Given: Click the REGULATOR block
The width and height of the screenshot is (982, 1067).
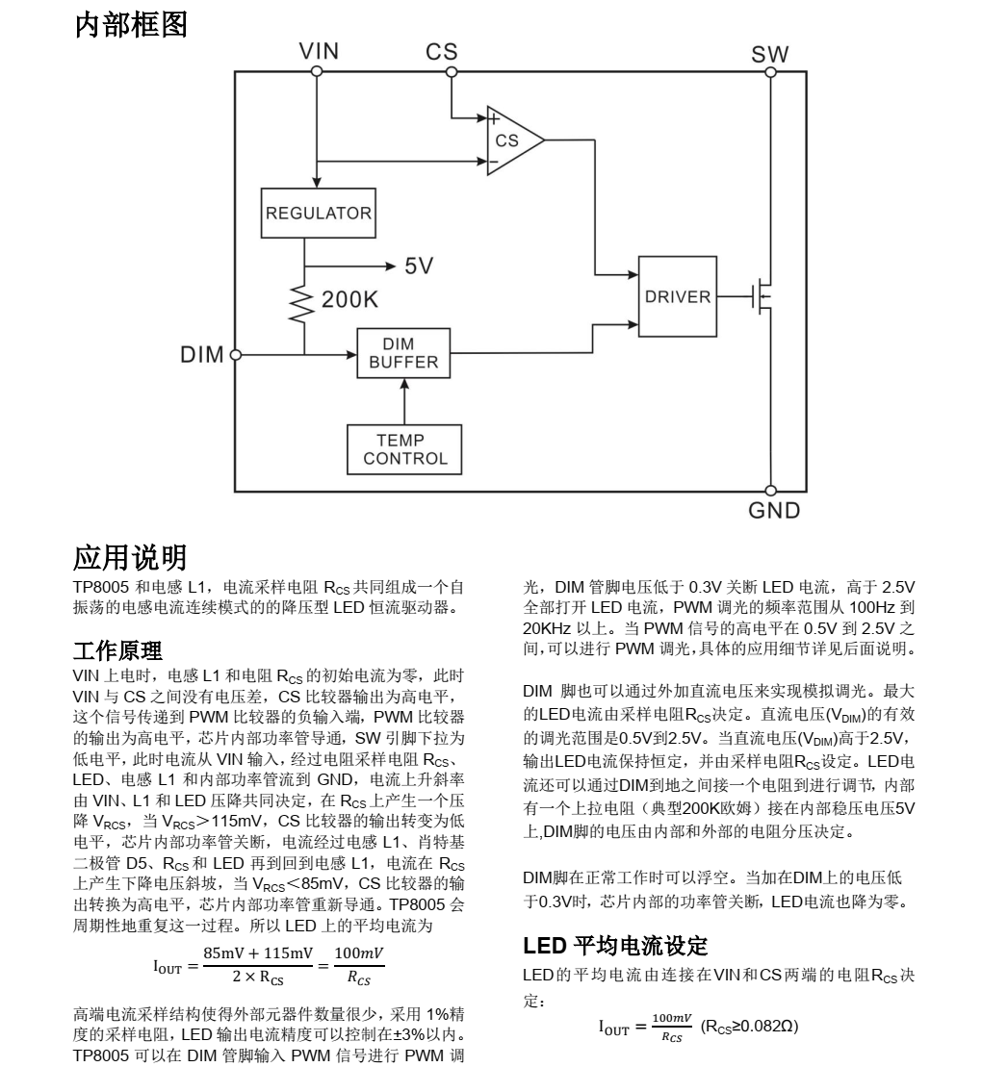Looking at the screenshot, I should pos(318,213).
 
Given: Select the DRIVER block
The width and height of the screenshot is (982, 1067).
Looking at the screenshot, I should pos(678,296).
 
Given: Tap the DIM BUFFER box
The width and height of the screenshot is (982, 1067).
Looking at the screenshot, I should pos(403,354).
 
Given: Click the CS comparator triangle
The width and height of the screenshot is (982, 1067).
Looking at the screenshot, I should pos(511,140).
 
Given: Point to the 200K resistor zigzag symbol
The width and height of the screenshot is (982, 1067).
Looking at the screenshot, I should pos(304,302).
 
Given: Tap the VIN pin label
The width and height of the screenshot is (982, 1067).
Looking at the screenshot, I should pos(318,52).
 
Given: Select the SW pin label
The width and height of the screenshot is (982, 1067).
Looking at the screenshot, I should pos(770,55).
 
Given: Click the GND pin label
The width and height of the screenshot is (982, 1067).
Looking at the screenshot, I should pos(774,511).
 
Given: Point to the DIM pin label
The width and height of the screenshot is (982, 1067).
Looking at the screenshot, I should pos(202,355).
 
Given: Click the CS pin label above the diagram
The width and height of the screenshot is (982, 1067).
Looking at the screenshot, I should pos(442,52).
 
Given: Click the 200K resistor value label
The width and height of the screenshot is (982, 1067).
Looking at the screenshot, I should pos(350,300).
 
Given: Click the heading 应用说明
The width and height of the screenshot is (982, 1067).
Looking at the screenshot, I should pos(131,557).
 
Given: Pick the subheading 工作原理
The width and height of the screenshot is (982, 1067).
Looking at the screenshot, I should pos(117,651).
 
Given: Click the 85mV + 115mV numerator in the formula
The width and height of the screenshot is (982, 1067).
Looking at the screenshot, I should pos(259,953).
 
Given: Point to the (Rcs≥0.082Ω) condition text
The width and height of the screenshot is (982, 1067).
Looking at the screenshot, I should pos(749,1026).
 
